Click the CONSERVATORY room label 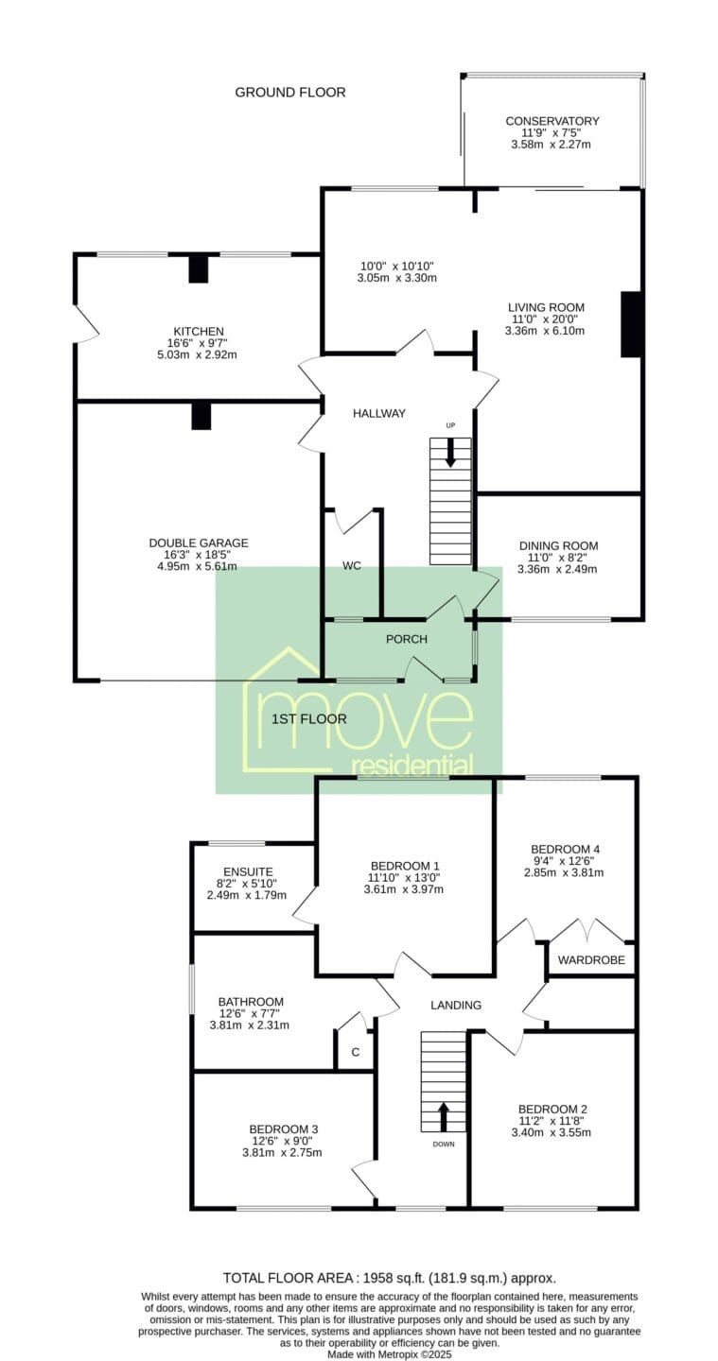[552, 121]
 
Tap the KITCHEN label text [199, 331]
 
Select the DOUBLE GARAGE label [199, 543]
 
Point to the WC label [351, 565]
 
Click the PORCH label [407, 639]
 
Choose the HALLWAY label [378, 413]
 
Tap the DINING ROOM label [558, 545]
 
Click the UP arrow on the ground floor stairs [450, 454]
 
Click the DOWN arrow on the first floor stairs [444, 1117]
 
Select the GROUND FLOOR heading [290, 93]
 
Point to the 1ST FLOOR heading [308, 718]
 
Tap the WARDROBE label [591, 960]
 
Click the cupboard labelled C [355, 1052]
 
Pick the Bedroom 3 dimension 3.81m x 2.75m [282, 1152]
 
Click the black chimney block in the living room [630, 324]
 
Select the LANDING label [455, 1005]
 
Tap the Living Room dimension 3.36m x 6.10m [544, 331]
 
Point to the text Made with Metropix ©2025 [390, 1354]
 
